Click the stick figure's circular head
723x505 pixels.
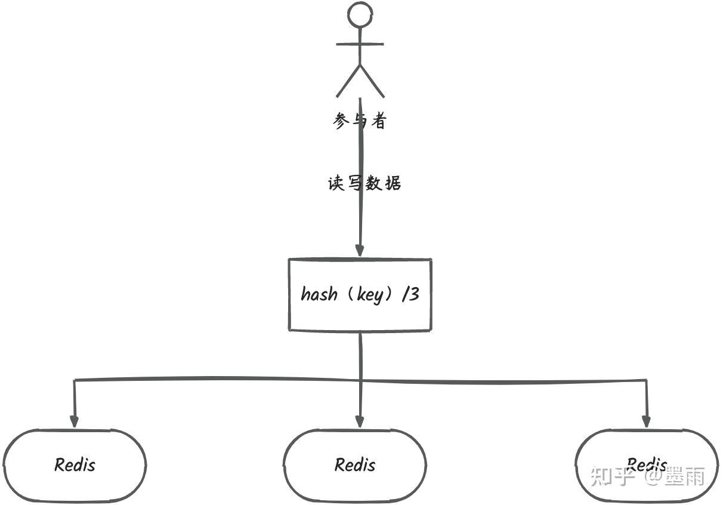[x=360, y=3]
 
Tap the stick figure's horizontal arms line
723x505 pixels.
[x=360, y=44]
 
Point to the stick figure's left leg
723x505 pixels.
[x=348, y=81]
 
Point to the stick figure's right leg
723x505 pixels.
[x=372, y=81]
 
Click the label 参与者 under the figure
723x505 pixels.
[x=360, y=121]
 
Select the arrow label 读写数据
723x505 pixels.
[x=364, y=183]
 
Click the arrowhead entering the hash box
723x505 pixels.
[x=360, y=251]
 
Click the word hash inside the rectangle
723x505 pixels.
[x=319, y=294]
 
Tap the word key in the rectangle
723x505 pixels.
[x=370, y=295]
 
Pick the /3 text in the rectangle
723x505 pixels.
[x=410, y=294]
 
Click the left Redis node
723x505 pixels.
[x=75, y=430]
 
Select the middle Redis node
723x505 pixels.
[x=355, y=430]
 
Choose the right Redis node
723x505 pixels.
[x=647, y=430]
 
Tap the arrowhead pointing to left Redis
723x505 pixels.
[x=74, y=421]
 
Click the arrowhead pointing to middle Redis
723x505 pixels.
[x=360, y=421]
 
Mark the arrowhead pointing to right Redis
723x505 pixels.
[x=646, y=421]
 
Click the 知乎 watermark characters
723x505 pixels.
[x=610, y=476]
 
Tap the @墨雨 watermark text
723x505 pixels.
[x=675, y=476]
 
